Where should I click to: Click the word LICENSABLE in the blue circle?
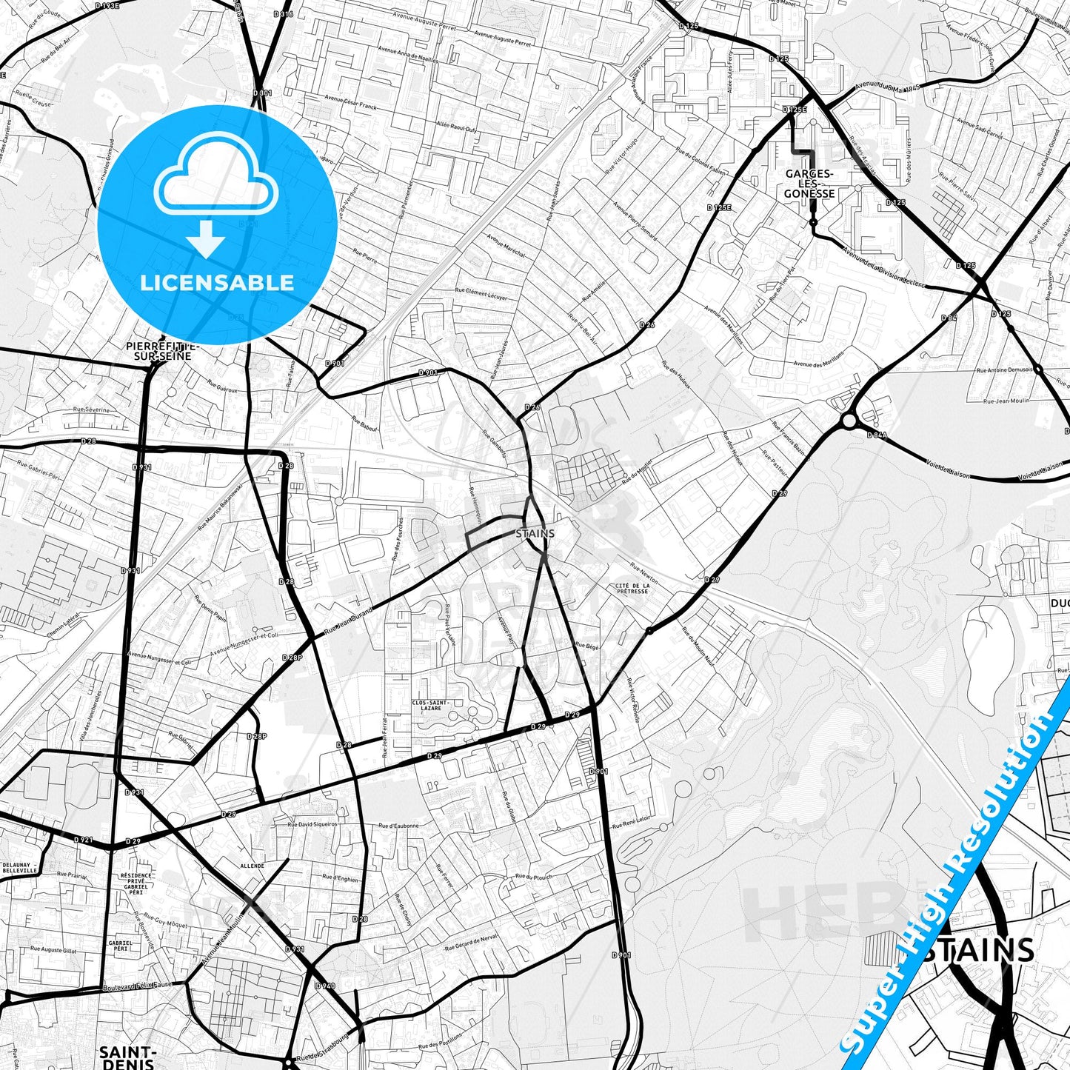217,282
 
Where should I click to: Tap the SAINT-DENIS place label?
127,1057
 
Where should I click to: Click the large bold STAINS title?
977,950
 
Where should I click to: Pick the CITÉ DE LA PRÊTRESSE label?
632,588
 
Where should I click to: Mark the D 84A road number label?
876,435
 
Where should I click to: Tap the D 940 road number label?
325,986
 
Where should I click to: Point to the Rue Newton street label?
643,571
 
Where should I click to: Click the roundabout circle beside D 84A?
849,421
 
